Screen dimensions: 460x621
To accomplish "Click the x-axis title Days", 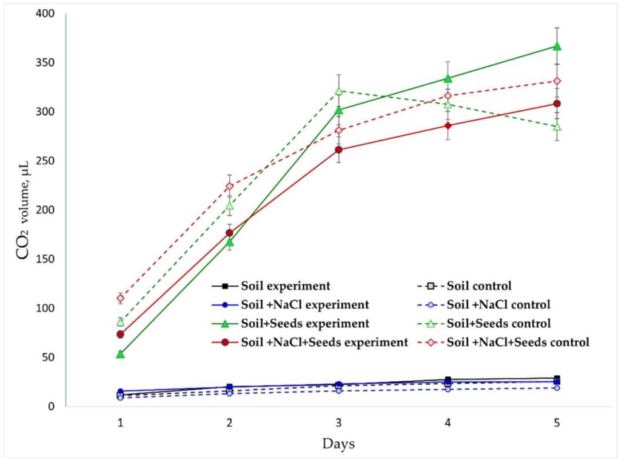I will [x=338, y=444].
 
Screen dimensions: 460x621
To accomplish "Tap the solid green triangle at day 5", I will [x=557, y=46].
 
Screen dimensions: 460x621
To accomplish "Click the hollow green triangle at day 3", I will [x=338, y=91].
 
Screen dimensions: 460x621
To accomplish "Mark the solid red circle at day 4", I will [x=448, y=125].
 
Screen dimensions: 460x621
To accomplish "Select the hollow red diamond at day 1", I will [x=120, y=298].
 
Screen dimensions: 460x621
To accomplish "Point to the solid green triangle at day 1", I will [x=120, y=354].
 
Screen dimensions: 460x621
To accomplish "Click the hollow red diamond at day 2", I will [x=229, y=186].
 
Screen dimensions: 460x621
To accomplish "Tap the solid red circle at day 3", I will [x=338, y=150].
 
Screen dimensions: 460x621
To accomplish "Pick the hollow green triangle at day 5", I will [x=557, y=127].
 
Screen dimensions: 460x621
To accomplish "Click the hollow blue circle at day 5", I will [x=557, y=388].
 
